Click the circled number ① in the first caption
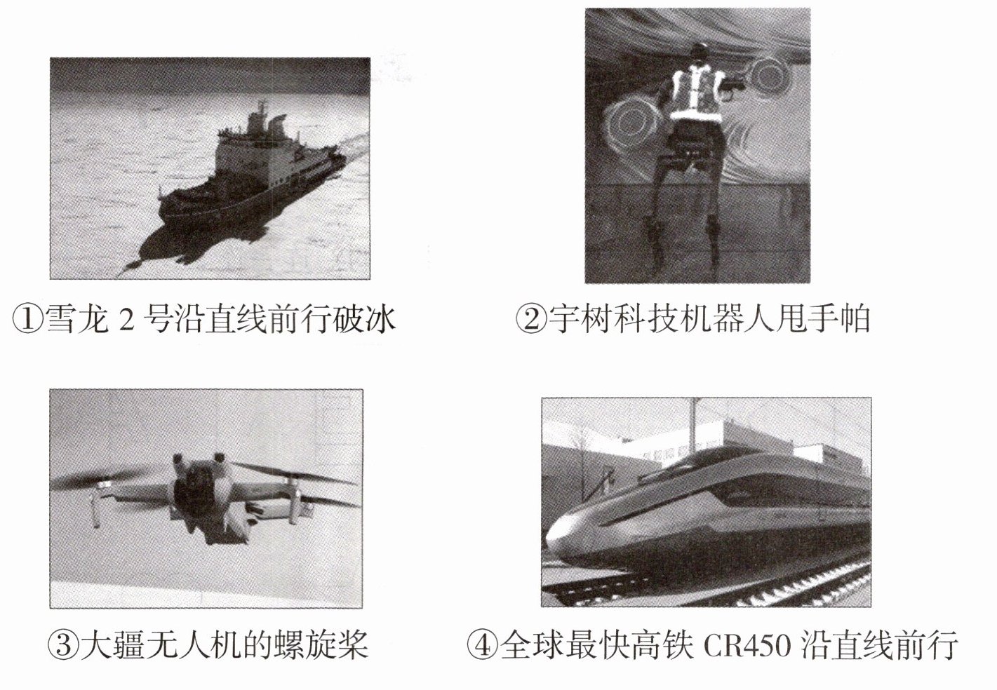click(29, 319)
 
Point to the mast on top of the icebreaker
click(262, 112)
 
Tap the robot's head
click(700, 52)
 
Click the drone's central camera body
click(196, 489)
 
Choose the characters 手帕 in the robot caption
click(838, 319)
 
